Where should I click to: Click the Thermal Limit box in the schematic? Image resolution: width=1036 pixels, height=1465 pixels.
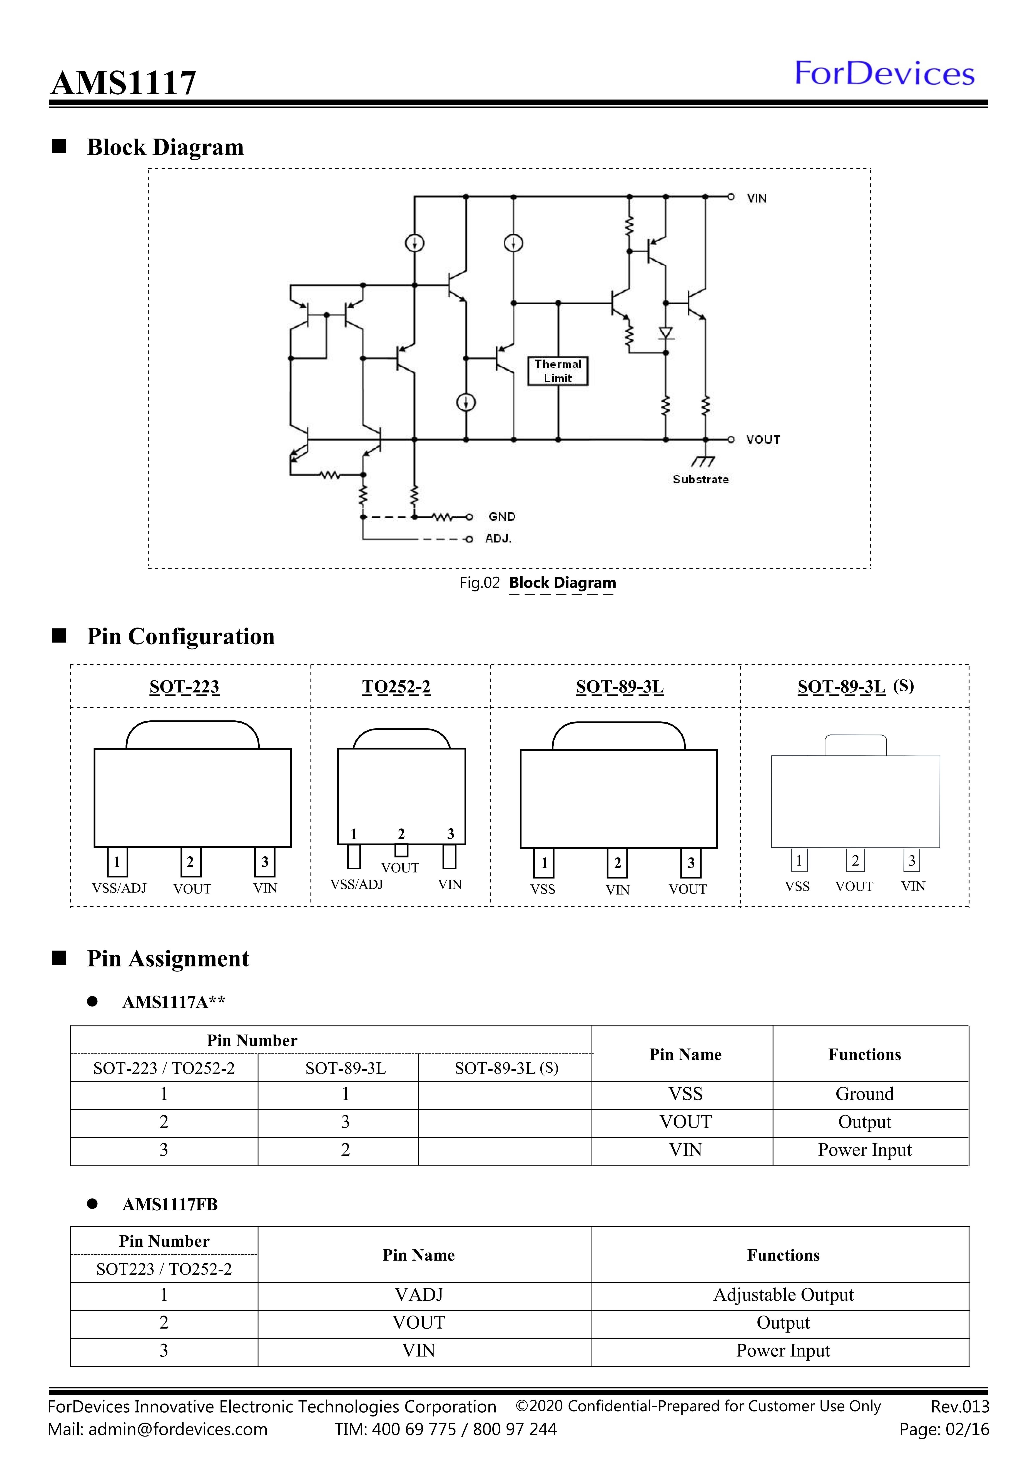(x=558, y=371)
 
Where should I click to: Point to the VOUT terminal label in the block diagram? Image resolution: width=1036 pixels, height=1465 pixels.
(x=763, y=440)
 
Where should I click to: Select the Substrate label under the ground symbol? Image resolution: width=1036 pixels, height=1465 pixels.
(x=700, y=479)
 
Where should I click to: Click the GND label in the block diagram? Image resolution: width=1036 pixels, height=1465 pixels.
(x=501, y=517)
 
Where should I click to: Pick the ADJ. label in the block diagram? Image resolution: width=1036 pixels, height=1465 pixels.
(x=498, y=539)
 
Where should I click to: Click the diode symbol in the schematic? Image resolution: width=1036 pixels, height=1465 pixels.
(x=666, y=333)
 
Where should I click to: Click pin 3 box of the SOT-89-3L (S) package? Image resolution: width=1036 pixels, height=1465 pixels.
(x=912, y=861)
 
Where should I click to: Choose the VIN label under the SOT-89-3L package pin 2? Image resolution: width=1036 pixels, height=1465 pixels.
(x=618, y=889)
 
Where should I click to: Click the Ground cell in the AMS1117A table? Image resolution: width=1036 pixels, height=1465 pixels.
(x=864, y=1094)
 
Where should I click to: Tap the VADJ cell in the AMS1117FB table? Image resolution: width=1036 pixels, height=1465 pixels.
(x=418, y=1295)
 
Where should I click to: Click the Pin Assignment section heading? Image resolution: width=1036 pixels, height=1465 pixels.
(x=168, y=958)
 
